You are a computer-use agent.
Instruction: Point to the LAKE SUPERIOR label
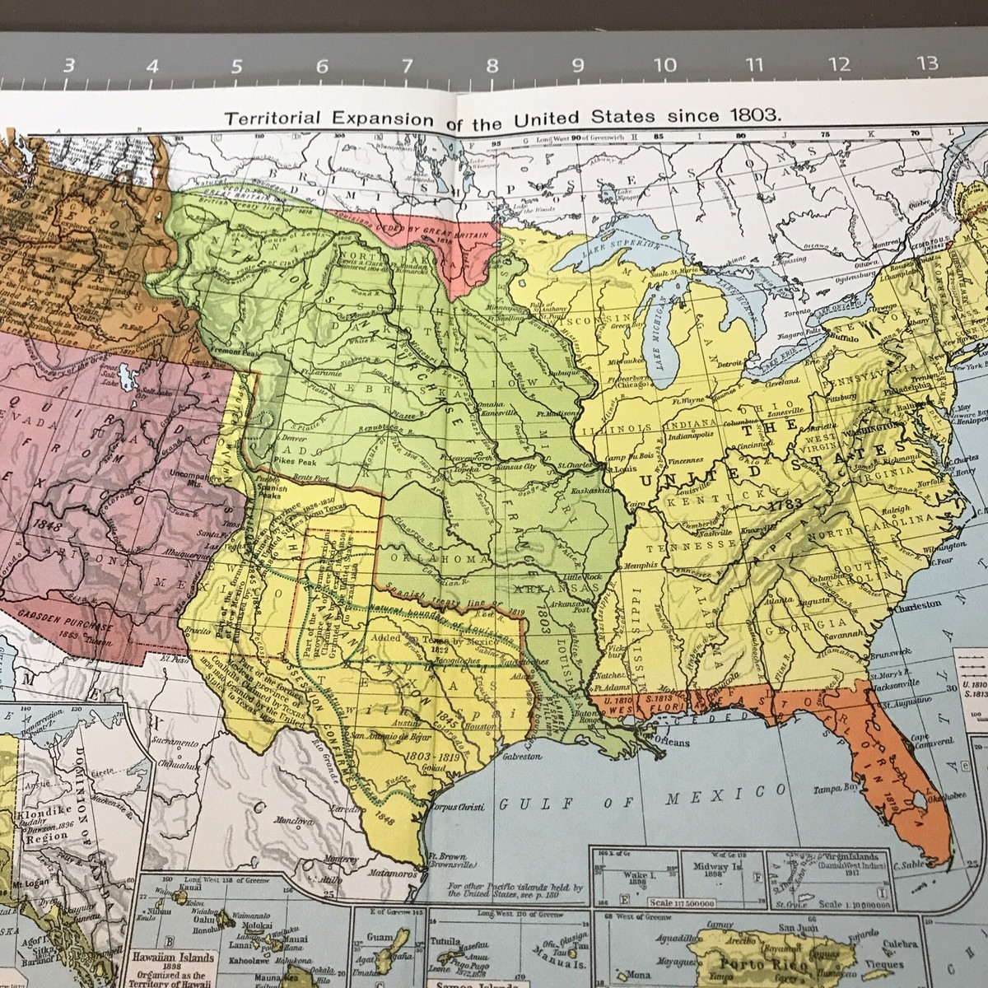[x=622, y=244]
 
